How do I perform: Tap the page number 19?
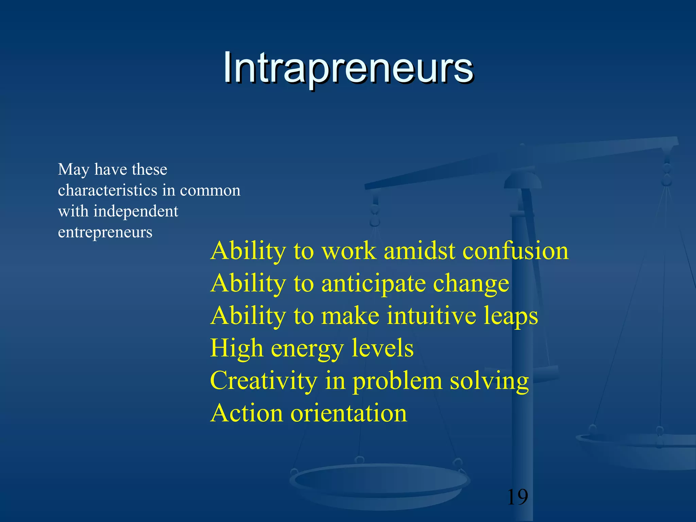tap(517, 497)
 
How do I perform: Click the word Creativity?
tap(263, 381)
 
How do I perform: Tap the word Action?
tap(246, 413)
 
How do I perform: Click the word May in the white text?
tap(73, 170)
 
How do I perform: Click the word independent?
tap(136, 211)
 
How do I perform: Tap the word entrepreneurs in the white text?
tap(105, 232)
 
